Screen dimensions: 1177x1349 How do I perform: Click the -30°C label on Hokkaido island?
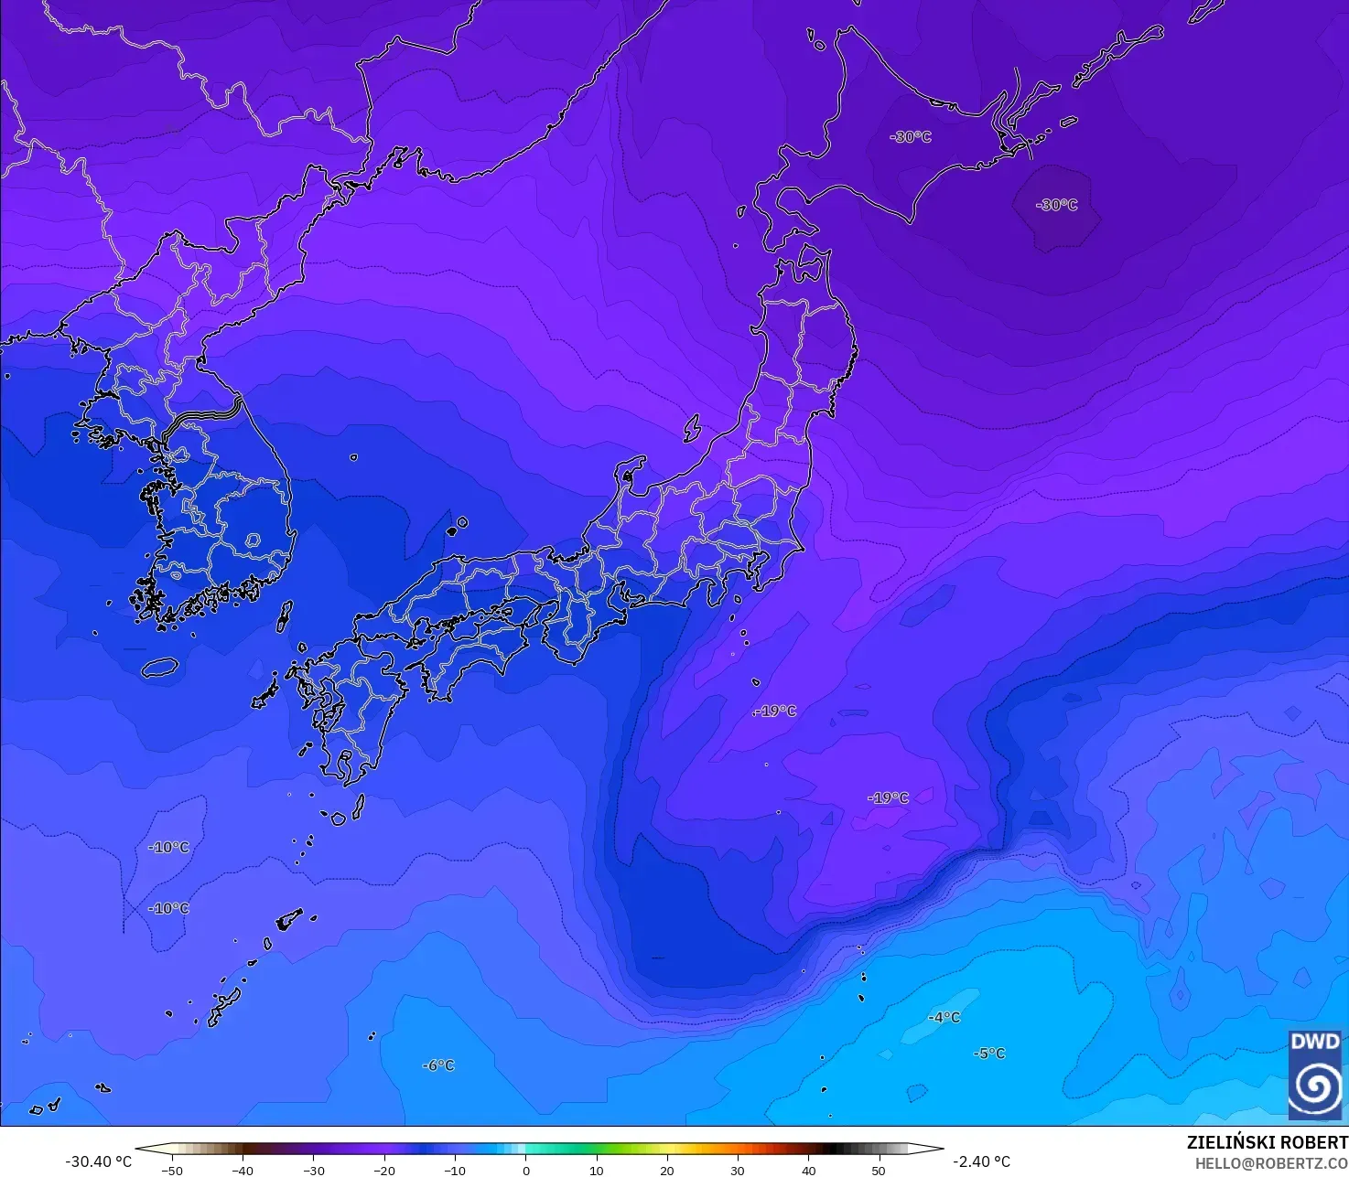pos(911,137)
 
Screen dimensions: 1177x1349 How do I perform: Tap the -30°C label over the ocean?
pos(1057,205)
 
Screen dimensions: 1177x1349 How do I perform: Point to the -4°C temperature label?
pos(944,1018)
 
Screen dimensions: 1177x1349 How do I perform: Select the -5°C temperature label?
pos(989,1054)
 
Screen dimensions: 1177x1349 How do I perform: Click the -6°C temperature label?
pos(438,1065)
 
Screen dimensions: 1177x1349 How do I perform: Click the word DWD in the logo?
pos(1314,1042)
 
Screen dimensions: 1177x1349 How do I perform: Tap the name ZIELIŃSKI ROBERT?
pos(1267,1142)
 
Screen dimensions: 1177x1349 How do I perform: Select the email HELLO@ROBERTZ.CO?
pos(1271,1162)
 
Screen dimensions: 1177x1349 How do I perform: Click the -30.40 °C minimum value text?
pos(98,1161)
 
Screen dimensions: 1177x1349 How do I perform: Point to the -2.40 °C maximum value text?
pos(981,1161)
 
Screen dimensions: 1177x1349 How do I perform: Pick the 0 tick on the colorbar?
pos(525,1171)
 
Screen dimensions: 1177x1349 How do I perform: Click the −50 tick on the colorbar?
pos(171,1171)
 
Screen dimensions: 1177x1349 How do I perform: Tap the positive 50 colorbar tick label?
pos(879,1171)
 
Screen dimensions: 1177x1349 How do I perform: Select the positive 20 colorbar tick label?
pos(667,1171)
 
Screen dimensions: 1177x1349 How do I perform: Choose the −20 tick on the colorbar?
pos(384,1171)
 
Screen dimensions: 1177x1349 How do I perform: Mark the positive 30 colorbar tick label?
pos(738,1171)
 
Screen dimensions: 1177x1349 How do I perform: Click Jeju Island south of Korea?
pos(159,668)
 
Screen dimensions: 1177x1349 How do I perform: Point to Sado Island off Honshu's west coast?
pos(692,428)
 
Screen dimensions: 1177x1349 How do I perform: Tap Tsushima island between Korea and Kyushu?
pos(285,615)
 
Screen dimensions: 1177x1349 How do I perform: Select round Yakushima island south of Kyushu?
pos(338,819)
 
